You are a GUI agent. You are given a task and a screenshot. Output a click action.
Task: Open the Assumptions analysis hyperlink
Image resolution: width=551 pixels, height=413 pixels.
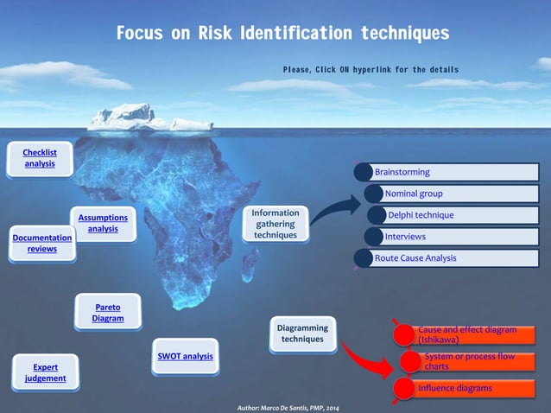[103, 223]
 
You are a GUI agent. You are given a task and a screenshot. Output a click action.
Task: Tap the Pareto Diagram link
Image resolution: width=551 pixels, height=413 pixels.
[108, 313]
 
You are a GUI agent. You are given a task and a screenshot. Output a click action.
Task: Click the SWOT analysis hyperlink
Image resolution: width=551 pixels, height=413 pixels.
[185, 356]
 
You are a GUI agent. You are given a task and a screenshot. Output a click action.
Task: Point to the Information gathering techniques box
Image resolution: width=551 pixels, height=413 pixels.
[275, 224]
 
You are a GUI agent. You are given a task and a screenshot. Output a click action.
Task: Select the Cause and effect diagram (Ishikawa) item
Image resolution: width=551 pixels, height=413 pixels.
[466, 334]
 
